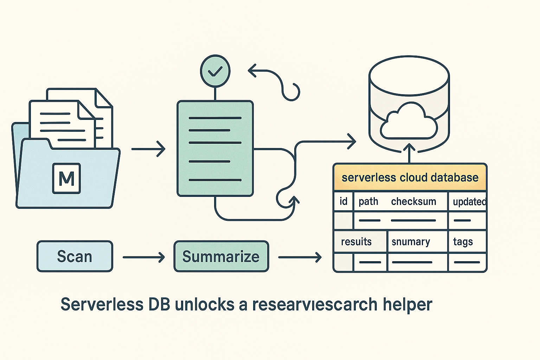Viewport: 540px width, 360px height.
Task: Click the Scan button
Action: [x=75, y=256]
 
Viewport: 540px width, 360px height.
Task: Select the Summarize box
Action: [x=221, y=256]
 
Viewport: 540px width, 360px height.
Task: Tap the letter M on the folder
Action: [x=66, y=179]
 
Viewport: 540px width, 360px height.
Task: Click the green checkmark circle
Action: [x=215, y=71]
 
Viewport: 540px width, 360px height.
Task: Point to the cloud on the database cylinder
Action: [x=409, y=121]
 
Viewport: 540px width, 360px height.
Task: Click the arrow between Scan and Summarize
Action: [x=143, y=257]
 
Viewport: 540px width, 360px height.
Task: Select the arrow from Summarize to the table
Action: [x=300, y=257]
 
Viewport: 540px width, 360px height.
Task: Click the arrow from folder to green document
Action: [x=148, y=149]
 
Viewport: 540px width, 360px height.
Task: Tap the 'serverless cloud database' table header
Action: [x=410, y=178]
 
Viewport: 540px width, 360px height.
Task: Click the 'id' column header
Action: [x=343, y=201]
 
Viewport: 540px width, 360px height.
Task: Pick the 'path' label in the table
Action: [x=368, y=201]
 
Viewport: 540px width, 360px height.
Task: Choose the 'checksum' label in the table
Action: [x=413, y=201]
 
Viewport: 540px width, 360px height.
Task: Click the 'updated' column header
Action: [x=469, y=202]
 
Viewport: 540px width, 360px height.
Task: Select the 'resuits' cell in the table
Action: [x=356, y=242]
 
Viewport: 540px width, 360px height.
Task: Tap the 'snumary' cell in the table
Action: [x=411, y=242]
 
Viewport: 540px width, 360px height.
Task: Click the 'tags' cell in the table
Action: [x=463, y=242]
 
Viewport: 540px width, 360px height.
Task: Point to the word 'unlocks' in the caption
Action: [x=204, y=304]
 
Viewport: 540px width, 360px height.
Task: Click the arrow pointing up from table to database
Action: [x=409, y=153]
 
